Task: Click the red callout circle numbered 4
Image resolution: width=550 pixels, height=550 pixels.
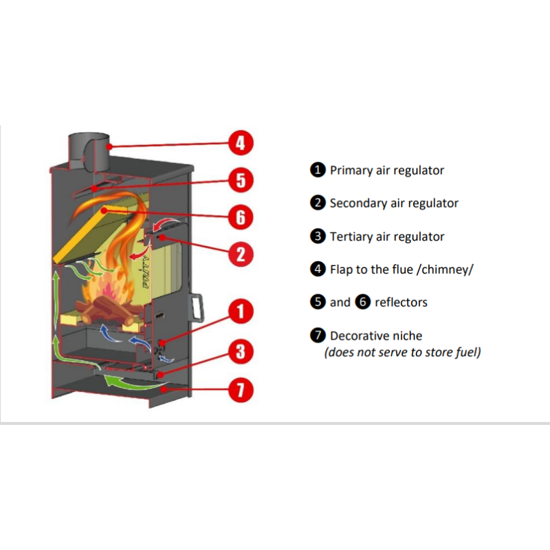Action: (240, 144)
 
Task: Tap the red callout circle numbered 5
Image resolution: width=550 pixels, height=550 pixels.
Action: (240, 181)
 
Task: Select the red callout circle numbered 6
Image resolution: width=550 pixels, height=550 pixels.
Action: (240, 217)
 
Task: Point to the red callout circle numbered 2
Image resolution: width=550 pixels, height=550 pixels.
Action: (240, 254)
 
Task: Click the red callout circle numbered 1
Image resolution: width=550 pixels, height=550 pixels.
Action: (240, 313)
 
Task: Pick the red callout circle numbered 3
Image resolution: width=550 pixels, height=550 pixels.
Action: (240, 353)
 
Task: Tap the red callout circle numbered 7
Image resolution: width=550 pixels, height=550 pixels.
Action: (240, 391)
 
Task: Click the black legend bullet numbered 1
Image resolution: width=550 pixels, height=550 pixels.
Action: (317, 170)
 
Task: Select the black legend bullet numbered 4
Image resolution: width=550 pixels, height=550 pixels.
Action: (317, 269)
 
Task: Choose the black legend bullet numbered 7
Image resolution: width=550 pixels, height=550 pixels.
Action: (317, 336)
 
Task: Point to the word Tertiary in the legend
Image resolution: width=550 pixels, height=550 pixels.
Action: (352, 236)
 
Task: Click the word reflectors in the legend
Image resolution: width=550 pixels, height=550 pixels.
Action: (401, 302)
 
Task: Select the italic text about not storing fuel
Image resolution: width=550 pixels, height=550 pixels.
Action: (402, 353)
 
